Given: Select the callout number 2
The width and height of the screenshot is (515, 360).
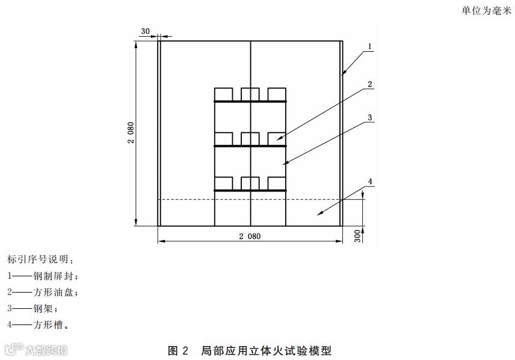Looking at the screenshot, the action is point(371,84).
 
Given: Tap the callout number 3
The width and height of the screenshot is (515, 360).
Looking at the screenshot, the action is point(371,117).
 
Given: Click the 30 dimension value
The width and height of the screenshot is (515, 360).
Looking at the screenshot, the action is point(145,31).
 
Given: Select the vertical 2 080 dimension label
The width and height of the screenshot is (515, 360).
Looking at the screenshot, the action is point(131,132).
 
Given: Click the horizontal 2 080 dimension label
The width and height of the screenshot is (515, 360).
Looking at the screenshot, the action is point(249,237).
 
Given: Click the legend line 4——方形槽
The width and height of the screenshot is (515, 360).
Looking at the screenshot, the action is point(38,325).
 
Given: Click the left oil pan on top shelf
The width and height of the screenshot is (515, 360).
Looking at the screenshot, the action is point(224,94).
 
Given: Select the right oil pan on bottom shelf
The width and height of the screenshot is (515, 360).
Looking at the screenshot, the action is point(277,183).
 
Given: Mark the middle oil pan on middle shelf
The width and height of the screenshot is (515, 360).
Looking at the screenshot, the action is point(250,138).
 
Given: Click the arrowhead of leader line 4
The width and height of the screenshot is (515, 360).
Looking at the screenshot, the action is point(318,213).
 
